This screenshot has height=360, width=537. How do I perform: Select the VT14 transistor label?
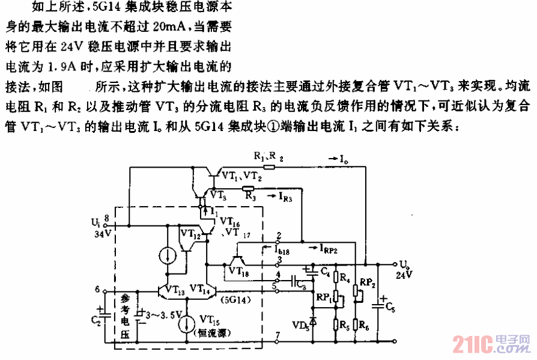tap(201, 288)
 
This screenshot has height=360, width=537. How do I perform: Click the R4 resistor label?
tap(344, 278)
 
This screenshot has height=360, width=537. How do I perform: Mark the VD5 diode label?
tap(299, 325)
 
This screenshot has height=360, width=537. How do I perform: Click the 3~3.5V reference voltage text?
tap(159, 313)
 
